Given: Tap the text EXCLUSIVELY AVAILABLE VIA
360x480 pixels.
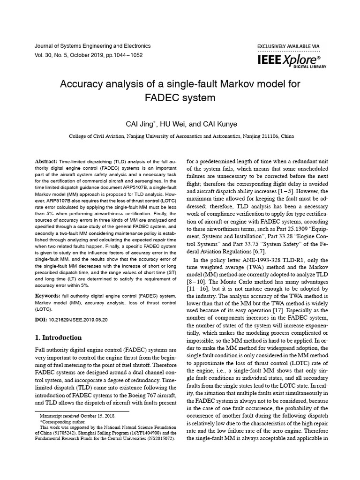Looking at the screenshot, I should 288,46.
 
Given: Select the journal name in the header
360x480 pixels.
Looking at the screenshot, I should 93,46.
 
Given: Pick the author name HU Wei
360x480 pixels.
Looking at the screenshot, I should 172,124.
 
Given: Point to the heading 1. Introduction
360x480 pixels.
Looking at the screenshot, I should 59,337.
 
